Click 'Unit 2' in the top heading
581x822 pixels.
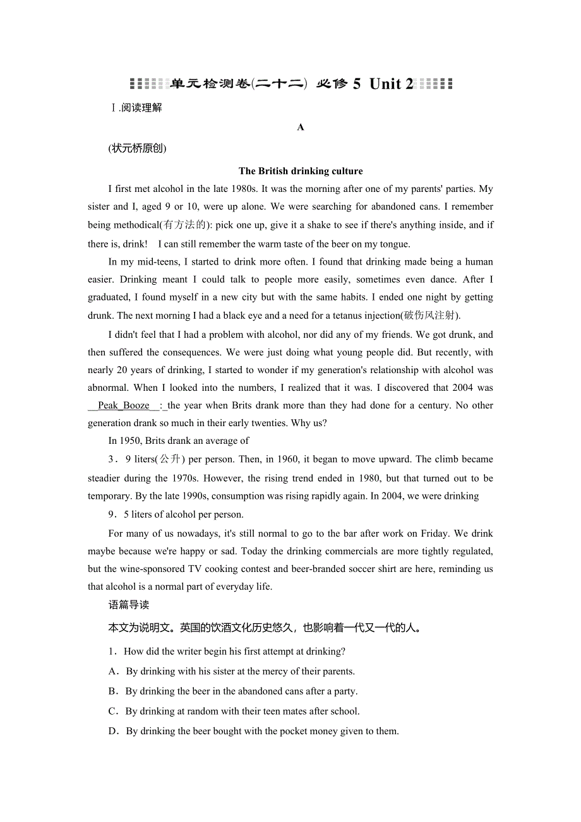coord(391,84)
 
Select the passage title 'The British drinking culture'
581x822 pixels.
coord(301,170)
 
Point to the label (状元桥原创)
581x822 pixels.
coord(137,148)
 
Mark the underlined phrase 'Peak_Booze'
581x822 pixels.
coord(124,405)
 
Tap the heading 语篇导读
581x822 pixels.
coord(129,605)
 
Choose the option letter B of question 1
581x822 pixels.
coord(113,691)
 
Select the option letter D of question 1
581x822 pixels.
coord(113,731)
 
